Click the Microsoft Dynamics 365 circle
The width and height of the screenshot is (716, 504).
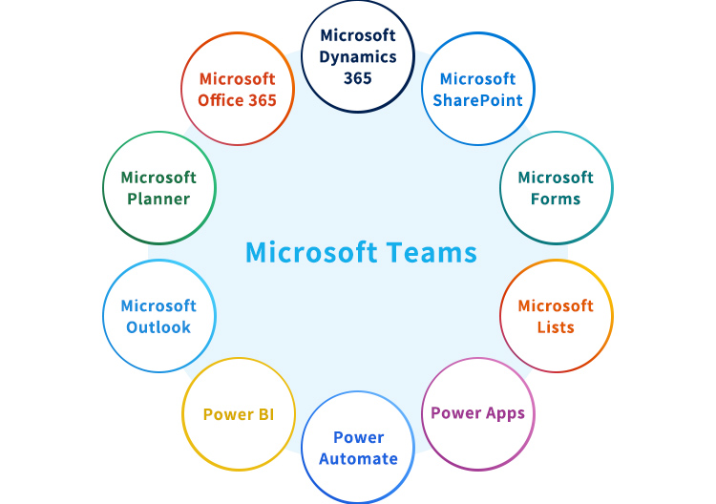point(358,56)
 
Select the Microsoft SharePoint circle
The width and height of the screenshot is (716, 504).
point(477,89)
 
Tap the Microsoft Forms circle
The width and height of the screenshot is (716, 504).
point(557,188)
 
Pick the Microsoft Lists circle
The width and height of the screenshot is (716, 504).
point(557,316)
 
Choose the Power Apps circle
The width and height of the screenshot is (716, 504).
point(477,413)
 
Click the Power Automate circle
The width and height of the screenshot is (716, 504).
point(358,448)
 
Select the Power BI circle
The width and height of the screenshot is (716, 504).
point(239,413)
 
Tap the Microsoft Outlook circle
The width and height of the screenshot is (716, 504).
point(158,316)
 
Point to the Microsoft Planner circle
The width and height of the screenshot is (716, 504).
point(158,188)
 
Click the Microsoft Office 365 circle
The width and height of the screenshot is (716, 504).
point(237,89)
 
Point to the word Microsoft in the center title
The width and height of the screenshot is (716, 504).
point(311,253)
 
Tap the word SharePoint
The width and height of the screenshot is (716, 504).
point(478,100)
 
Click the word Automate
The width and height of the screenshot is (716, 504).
point(358,459)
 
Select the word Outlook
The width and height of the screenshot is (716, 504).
point(158,327)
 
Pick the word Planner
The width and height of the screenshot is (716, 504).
point(158,199)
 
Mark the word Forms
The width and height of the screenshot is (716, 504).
point(557,199)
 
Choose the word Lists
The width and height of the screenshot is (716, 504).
point(557,327)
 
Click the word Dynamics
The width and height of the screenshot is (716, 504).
point(358,56)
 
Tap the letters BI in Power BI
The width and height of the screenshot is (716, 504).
point(265,414)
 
